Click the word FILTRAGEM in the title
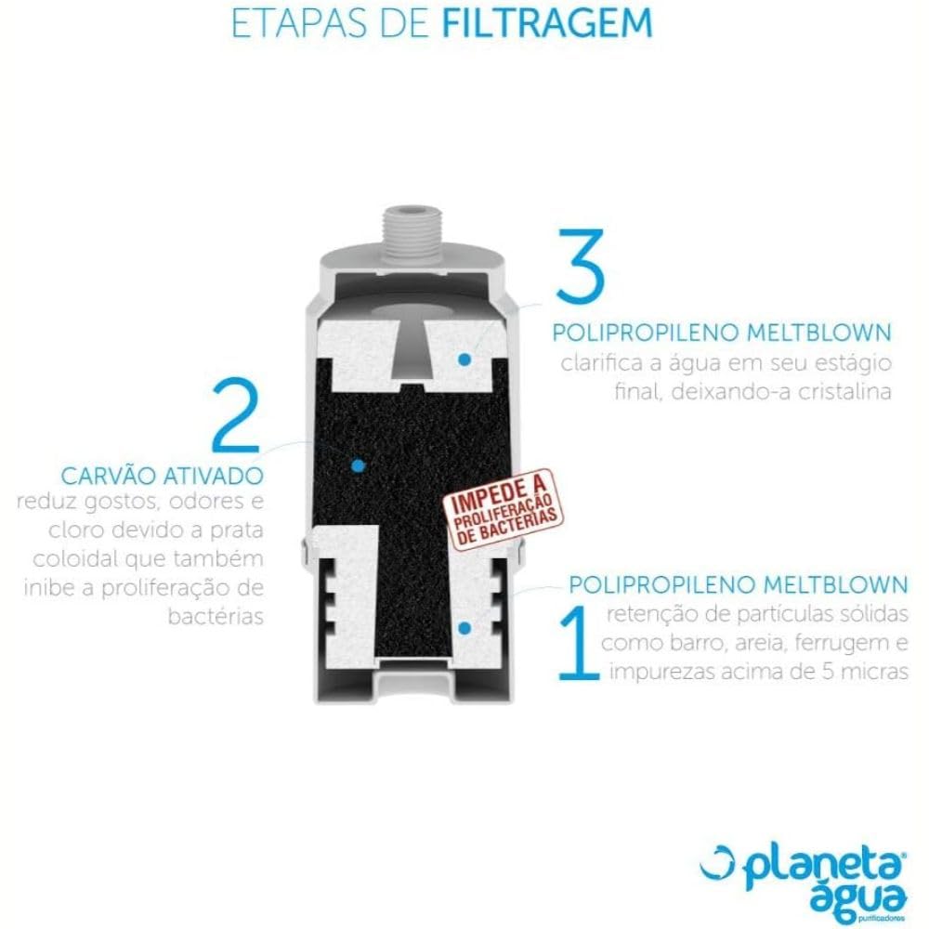tap(547, 23)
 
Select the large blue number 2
tap(236, 414)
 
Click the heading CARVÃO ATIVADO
tap(163, 476)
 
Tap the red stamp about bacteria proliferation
tap(503, 510)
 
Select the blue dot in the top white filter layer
tap(464, 359)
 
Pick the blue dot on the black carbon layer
tap(358, 465)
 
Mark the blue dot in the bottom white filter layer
tap(465, 628)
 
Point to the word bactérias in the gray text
tap(216, 617)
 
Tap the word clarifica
tap(602, 363)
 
